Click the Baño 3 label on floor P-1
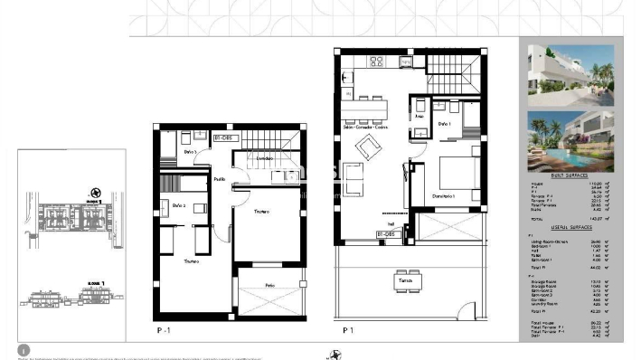tap(189, 152)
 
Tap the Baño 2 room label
tap(178, 205)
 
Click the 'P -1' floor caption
tap(165, 331)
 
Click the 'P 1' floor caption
tap(347, 331)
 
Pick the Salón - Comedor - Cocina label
tap(364, 128)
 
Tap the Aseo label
tap(419, 117)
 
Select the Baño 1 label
tap(444, 123)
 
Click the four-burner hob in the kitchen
tap(375, 62)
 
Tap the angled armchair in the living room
tap(368, 150)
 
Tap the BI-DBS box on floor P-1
tap(223, 137)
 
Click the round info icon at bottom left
tap(24, 349)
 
